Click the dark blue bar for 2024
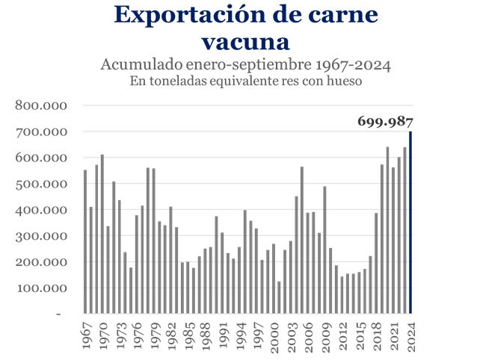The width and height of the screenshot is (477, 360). (x=410, y=223)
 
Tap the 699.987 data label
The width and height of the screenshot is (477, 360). (x=385, y=121)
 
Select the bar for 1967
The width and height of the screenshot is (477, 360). (x=85, y=242)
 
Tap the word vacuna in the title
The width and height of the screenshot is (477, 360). (x=246, y=39)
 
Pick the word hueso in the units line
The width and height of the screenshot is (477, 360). (x=345, y=81)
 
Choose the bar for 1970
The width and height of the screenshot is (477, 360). (x=102, y=235)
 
